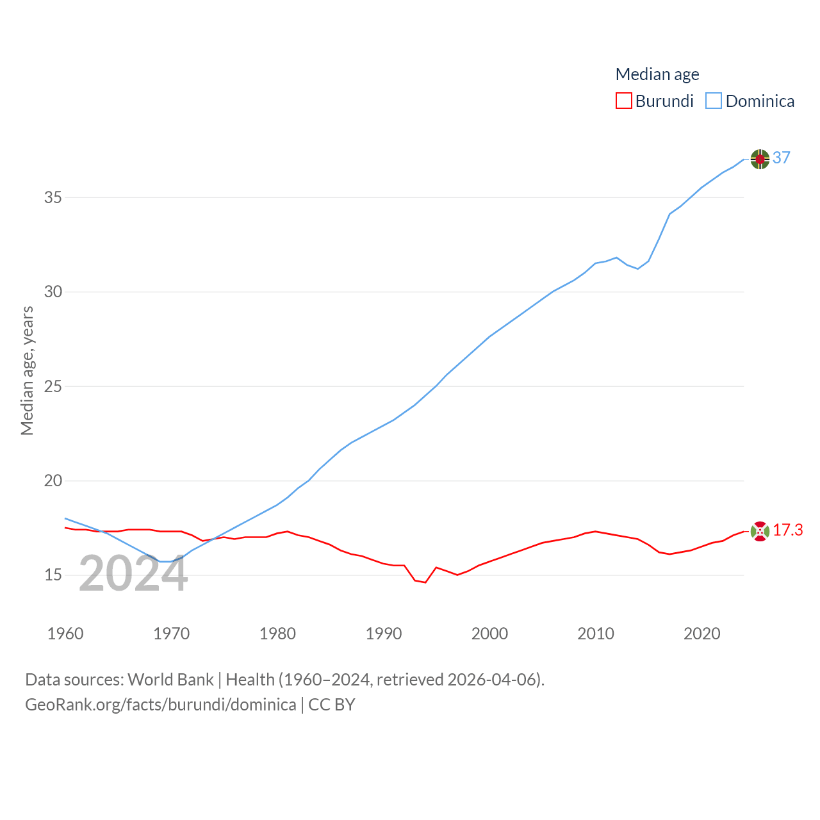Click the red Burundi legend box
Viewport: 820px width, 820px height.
click(623, 101)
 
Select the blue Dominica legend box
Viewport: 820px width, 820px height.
click(714, 101)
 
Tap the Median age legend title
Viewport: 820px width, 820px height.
click(657, 74)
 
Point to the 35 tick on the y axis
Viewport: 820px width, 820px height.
click(53, 197)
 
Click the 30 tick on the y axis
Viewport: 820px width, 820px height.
click(53, 292)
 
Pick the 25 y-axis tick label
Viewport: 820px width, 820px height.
click(53, 386)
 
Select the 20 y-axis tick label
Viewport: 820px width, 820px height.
click(53, 481)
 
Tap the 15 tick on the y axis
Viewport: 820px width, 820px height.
click(53, 575)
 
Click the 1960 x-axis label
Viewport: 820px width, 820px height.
click(65, 634)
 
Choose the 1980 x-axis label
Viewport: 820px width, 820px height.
click(277, 634)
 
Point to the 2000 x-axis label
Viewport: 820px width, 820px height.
click(489, 634)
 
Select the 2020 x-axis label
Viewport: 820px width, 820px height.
click(702, 634)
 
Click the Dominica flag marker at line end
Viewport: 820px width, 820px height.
click(760, 159)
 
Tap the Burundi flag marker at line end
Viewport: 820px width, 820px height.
click(760, 531)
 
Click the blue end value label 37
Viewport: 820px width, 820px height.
click(782, 158)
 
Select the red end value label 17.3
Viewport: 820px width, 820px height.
click(787, 530)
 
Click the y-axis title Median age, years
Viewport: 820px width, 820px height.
click(27, 371)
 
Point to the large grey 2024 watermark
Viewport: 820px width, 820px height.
click(133, 573)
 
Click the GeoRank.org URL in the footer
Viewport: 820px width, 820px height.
click(160, 705)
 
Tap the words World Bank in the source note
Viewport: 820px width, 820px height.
click(170, 679)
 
